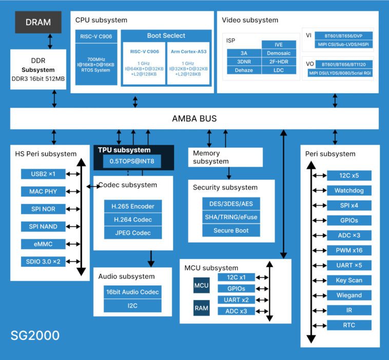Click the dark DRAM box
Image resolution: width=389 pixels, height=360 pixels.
[x=38, y=22]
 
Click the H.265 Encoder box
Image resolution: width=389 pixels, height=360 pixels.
[x=132, y=207]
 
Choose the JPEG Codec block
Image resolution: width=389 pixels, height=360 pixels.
[x=132, y=233]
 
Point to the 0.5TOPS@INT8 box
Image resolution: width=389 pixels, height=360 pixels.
[x=132, y=162]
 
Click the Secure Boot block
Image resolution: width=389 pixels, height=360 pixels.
[x=231, y=230]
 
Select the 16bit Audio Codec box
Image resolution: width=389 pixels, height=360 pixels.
[x=132, y=292]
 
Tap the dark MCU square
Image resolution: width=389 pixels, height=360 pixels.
[x=201, y=285]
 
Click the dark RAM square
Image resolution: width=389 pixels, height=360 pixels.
[x=201, y=309]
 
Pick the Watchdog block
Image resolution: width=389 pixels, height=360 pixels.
[x=349, y=191]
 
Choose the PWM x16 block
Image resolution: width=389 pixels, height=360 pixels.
[x=349, y=250]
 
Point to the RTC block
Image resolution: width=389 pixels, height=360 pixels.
[x=349, y=325]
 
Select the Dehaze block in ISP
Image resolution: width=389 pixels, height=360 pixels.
[x=244, y=70]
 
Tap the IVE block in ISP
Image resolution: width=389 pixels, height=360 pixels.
[x=279, y=45]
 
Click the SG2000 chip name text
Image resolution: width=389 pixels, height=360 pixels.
[x=35, y=336]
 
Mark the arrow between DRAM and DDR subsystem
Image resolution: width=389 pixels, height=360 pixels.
[x=50, y=41]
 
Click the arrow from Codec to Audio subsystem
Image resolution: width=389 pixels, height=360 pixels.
[x=151, y=258]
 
